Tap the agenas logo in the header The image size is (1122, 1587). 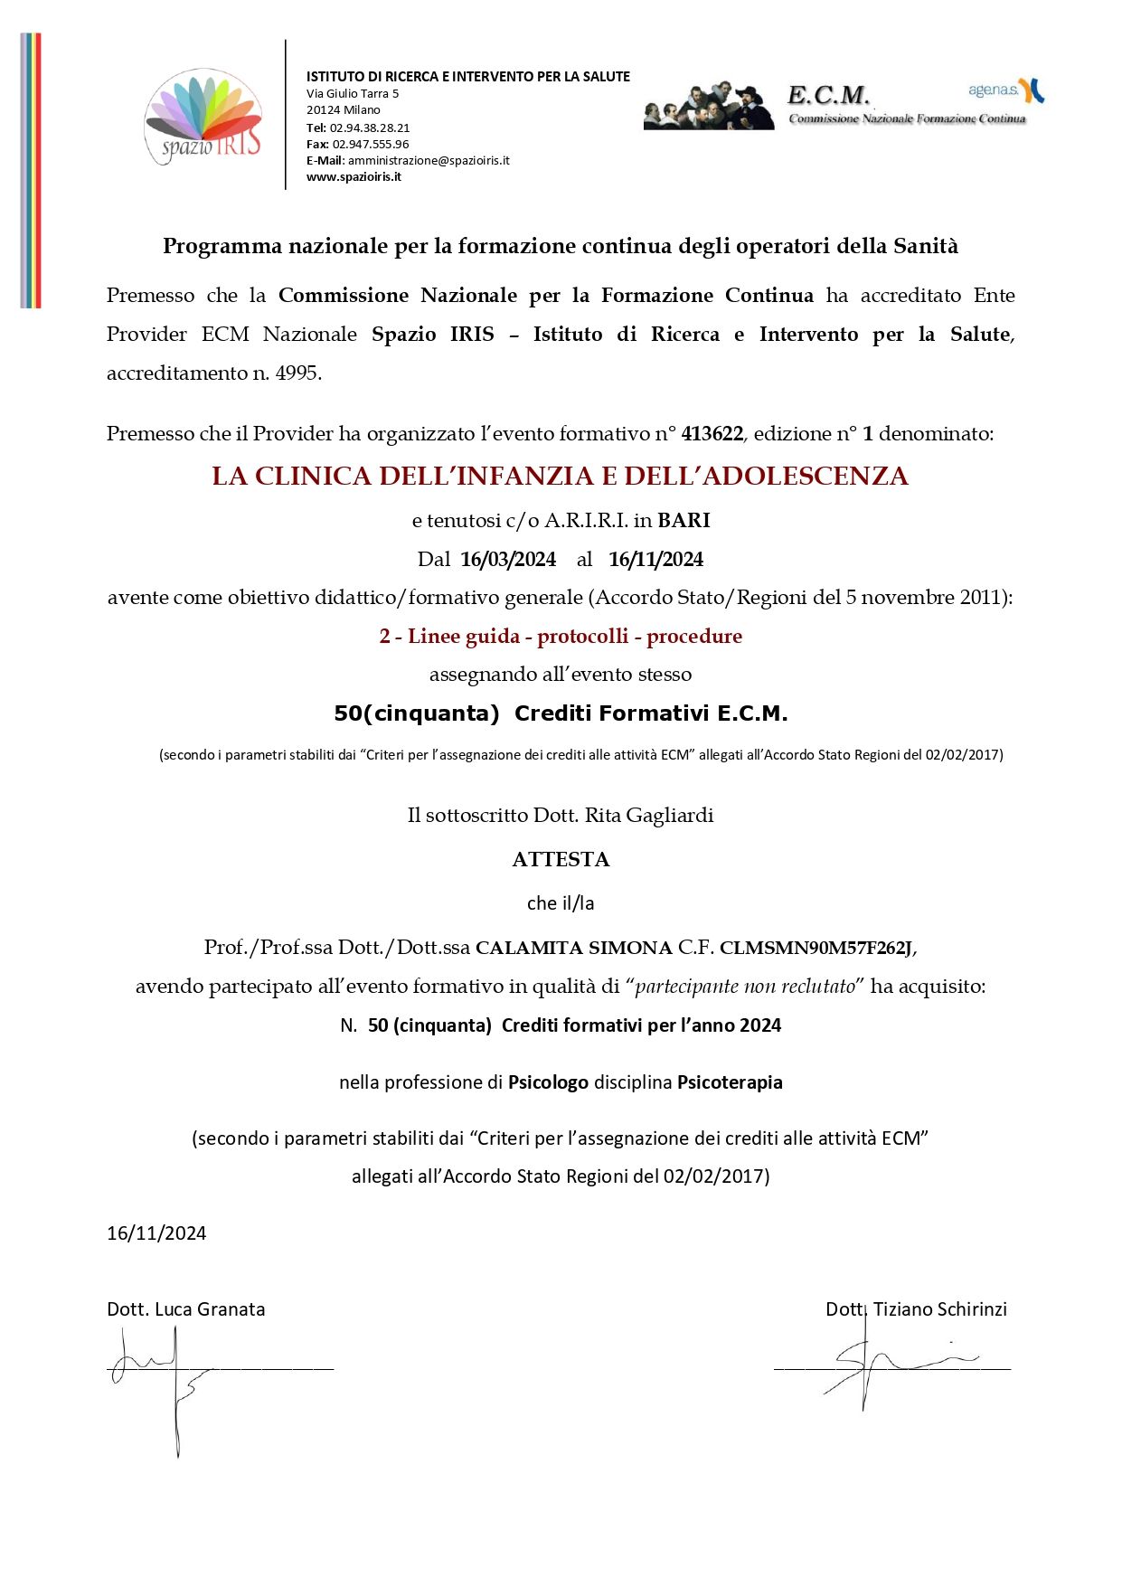pyautogui.click(x=1006, y=90)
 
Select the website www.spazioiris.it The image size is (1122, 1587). pyautogui.click(x=354, y=176)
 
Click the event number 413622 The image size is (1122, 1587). pyautogui.click(x=712, y=433)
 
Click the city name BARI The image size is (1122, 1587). pyautogui.click(x=684, y=520)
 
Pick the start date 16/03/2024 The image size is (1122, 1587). pyautogui.click(x=508, y=559)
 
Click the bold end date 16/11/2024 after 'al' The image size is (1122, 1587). pyautogui.click(x=655, y=559)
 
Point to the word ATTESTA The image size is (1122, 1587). pyautogui.click(x=561, y=859)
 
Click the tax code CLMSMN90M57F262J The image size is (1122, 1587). pyautogui.click(x=816, y=948)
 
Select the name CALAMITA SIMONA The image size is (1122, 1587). pyautogui.click(x=573, y=948)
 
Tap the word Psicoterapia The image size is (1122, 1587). pyautogui.click(x=730, y=1082)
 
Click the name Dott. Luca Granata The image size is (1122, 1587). pyautogui.click(x=186, y=1308)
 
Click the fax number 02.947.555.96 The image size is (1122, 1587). pyautogui.click(x=371, y=144)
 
